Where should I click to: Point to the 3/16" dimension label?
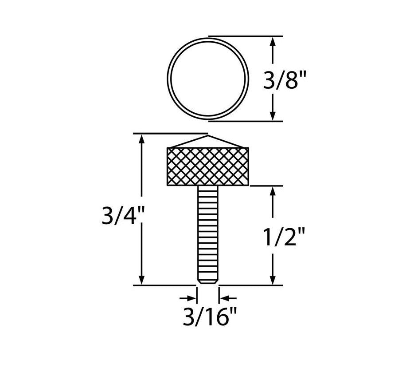click(208, 318)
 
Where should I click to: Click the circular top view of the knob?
click(207, 79)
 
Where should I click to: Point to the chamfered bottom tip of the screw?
click(207, 281)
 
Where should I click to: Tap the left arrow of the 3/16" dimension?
click(191, 298)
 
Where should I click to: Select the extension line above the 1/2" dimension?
click(266, 186)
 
